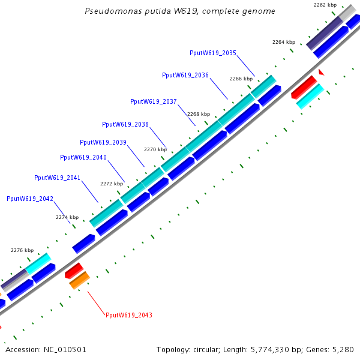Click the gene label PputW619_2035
click(x=213, y=53)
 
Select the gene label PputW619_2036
click(x=185, y=75)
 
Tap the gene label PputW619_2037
click(x=154, y=101)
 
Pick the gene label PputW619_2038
click(x=125, y=124)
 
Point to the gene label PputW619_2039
click(x=103, y=142)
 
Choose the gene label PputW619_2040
click(x=83, y=157)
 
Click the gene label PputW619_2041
click(x=58, y=178)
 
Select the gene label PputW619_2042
click(x=30, y=199)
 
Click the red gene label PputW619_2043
click(x=129, y=315)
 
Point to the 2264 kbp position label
click(x=284, y=42)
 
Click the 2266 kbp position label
click(x=241, y=79)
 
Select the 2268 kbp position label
click(x=199, y=114)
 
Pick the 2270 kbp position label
click(x=156, y=149)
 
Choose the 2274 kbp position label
click(x=67, y=217)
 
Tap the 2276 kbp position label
click(x=23, y=250)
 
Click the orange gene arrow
click(x=79, y=280)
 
